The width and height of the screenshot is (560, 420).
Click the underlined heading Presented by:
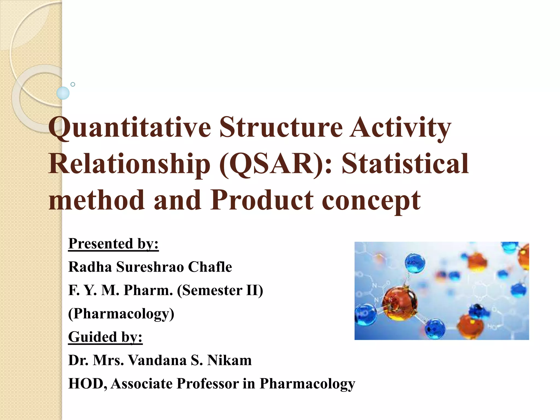pos(113,244)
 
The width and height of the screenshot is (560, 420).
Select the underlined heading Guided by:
pos(105,337)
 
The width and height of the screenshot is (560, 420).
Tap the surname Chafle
pos(210,267)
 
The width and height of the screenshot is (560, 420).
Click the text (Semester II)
pos(220,290)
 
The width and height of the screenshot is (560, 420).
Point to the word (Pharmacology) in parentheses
pos(121,314)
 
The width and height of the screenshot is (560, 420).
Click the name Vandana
pos(157,360)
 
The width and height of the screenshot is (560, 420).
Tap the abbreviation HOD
pos(88,383)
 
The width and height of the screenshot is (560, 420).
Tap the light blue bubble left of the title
pos(63,93)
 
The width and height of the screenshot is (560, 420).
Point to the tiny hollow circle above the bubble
pos(73,84)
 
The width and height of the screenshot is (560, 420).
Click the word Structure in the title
pos(281,127)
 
